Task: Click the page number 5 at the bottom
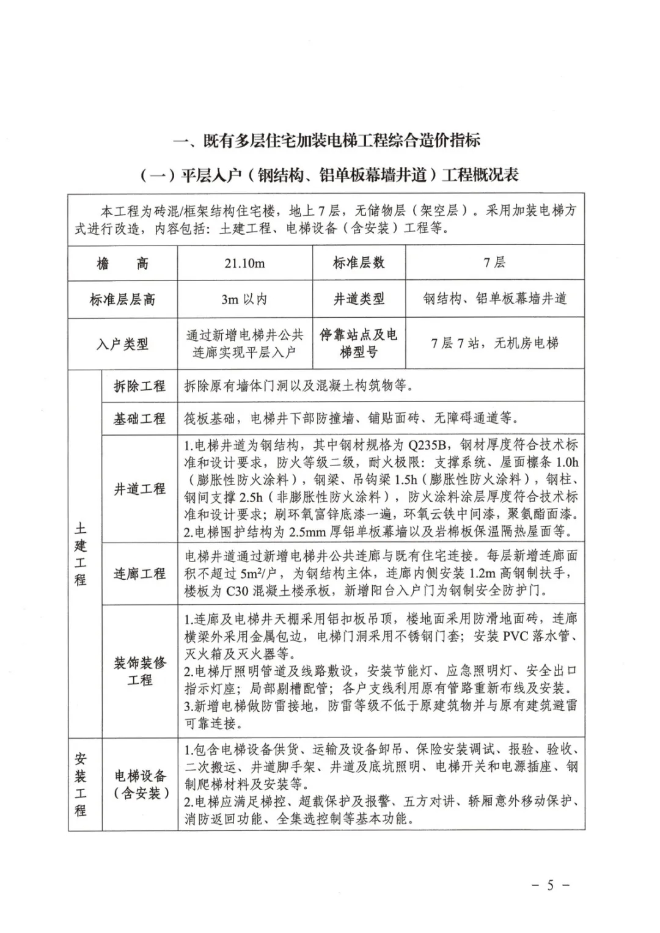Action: tap(550, 885)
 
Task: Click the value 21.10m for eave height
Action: tap(244, 263)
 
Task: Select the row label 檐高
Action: tap(122, 263)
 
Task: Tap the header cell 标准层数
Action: tap(359, 263)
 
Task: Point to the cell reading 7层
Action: tap(494, 263)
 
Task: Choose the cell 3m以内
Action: tap(244, 299)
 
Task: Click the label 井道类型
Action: tap(359, 299)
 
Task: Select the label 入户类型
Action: tap(122, 344)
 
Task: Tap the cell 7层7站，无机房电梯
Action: tap(494, 343)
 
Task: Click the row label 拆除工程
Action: tap(139, 386)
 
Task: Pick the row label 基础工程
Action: tap(139, 419)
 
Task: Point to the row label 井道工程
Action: tap(139, 489)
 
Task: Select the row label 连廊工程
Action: tap(139, 574)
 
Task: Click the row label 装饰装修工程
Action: tap(139, 671)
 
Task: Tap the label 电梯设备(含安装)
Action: tap(139, 785)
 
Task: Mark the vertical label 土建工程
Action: tap(81, 554)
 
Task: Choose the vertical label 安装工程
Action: tap(81, 785)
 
